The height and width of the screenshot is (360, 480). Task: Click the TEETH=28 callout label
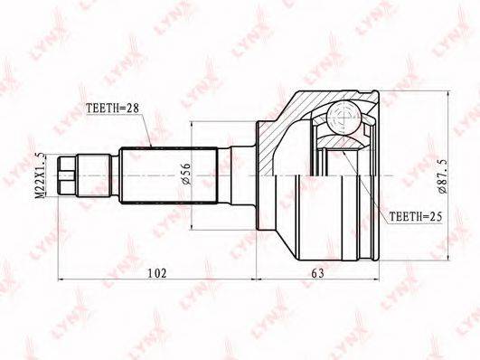tap(112, 108)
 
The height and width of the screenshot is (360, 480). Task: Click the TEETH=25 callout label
tap(416, 216)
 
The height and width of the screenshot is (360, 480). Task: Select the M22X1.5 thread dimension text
tap(41, 175)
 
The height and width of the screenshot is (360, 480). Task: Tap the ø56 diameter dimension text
tap(186, 174)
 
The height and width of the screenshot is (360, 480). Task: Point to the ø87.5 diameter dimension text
tap(443, 176)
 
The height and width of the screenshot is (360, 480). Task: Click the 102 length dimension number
tap(157, 273)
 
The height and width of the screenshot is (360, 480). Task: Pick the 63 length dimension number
tap(317, 273)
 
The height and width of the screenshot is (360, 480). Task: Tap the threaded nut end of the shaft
tap(67, 175)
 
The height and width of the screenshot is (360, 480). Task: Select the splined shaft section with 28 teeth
tap(168, 175)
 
